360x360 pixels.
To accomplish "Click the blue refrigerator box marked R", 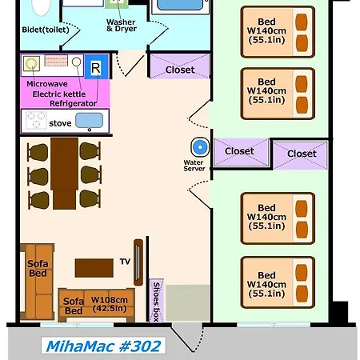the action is (96, 66).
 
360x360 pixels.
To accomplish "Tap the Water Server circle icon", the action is (200, 147).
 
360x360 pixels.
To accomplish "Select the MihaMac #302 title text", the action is (103, 346).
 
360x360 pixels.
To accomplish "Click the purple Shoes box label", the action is (156, 301).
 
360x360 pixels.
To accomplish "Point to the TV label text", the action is (125, 262).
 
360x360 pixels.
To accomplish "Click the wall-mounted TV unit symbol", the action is (138, 262).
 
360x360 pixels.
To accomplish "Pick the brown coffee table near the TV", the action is (94, 268).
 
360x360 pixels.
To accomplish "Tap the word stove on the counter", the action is (60, 123).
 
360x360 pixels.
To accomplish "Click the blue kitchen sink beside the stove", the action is (89, 121).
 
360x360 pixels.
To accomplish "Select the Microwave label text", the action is (47, 84).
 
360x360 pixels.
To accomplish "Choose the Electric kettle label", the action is (59, 94).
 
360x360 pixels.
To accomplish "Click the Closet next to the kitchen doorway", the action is (180, 66).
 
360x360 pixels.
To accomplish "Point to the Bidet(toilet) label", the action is (46, 30).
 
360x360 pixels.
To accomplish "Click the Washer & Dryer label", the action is (122, 26).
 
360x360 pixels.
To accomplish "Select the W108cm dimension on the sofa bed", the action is (110, 300).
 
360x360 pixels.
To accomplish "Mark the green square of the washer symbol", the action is (117, 3).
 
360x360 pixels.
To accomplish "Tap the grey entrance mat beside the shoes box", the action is (187, 303).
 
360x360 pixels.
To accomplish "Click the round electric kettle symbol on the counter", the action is (76, 62).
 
